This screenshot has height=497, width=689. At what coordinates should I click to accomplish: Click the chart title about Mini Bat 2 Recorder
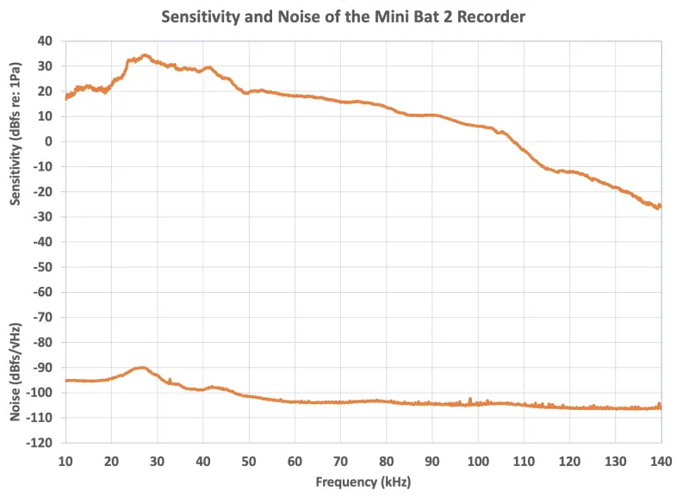point(344,16)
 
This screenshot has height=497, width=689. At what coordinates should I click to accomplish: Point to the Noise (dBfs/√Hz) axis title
point(16,372)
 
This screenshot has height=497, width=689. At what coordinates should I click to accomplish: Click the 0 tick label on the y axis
point(50,142)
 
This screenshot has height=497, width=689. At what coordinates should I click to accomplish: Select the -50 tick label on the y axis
point(43,267)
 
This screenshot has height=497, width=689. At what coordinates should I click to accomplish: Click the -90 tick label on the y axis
point(43,368)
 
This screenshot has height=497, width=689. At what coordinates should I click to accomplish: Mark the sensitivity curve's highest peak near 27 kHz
point(145,55)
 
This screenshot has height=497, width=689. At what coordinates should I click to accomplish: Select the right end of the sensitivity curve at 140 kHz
point(660,206)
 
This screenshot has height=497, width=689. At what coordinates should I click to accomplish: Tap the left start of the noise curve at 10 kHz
point(66,380)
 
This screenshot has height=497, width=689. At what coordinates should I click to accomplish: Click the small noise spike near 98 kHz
point(469,399)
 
